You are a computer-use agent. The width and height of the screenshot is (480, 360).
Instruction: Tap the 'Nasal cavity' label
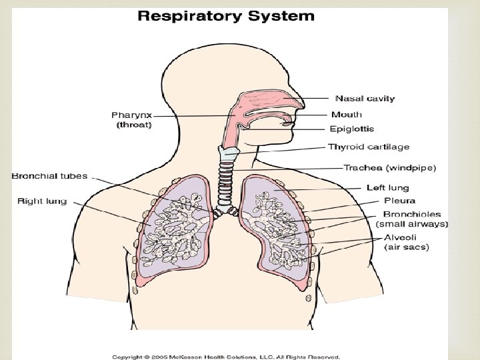[x=364, y=99]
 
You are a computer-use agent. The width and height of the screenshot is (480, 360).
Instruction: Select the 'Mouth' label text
[x=347, y=115]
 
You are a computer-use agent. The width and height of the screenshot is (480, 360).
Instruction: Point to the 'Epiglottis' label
[x=352, y=129]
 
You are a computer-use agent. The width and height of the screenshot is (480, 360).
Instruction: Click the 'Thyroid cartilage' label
[x=369, y=147]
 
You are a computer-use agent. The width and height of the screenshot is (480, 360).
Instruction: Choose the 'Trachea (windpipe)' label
[x=390, y=168]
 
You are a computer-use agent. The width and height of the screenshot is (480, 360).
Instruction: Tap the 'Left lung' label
[x=388, y=188]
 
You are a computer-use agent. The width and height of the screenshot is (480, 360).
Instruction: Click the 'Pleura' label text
[x=399, y=201]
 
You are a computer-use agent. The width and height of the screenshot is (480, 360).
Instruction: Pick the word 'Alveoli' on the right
[x=401, y=237]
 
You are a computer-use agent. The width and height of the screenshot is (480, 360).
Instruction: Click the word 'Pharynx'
[x=131, y=115]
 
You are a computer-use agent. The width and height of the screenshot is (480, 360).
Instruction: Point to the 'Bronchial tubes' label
[x=49, y=176]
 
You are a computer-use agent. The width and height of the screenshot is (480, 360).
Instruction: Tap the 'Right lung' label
[x=42, y=201]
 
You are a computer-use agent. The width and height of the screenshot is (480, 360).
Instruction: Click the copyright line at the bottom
[x=226, y=356]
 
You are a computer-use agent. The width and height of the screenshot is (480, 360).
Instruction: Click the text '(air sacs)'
[x=407, y=247]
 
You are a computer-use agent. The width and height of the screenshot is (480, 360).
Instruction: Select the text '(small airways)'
[x=412, y=224]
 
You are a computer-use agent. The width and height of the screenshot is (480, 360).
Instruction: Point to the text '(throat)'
[x=133, y=125]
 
